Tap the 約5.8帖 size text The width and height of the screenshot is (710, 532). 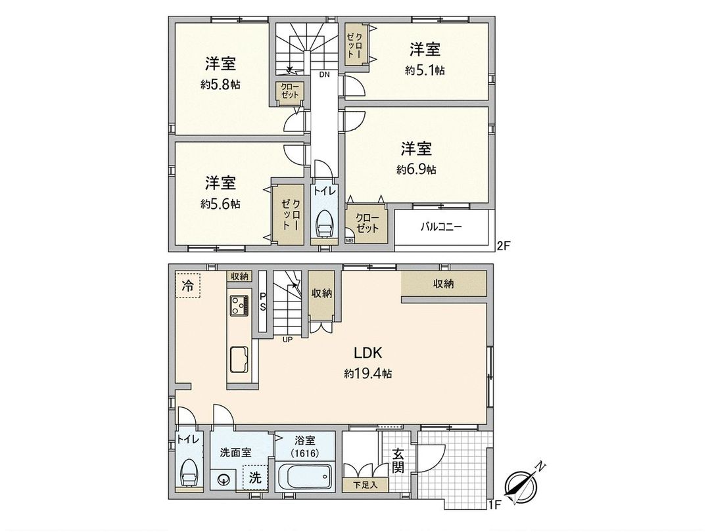coord(220,85)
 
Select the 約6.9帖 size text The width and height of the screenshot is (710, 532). coord(416,169)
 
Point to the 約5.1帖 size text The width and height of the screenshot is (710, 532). coord(425,70)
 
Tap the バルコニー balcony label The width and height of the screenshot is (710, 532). coord(441,227)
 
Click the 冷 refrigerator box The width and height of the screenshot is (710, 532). coord(188,287)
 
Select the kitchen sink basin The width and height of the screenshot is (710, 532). coord(239,359)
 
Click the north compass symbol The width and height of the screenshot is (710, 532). coord(523,483)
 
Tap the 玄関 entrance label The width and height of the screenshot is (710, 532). coord(398,460)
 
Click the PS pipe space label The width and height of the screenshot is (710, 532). coord(262,301)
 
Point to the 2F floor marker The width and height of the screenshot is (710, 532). coord(503,246)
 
